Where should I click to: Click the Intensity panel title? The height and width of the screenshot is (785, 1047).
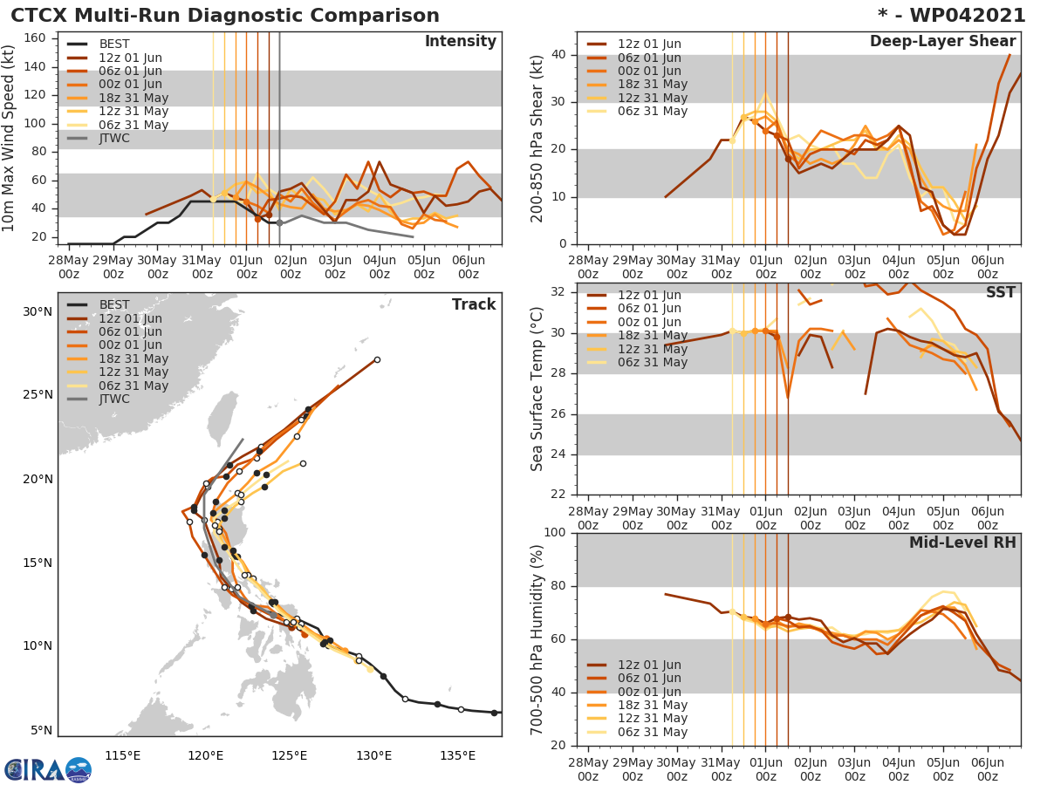(460, 42)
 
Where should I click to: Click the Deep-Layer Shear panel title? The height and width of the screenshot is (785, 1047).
(942, 42)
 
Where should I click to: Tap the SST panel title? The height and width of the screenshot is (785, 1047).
(1000, 293)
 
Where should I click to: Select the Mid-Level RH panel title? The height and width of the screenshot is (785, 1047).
(962, 543)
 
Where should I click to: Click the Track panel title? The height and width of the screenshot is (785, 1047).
(474, 304)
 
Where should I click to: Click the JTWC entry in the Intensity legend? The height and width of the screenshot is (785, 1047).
(114, 138)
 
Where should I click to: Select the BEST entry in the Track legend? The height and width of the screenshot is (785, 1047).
(114, 304)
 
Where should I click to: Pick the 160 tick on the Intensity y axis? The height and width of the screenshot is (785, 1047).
(35, 38)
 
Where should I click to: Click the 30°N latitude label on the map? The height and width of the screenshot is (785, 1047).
(38, 311)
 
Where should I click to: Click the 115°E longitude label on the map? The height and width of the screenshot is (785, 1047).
(122, 754)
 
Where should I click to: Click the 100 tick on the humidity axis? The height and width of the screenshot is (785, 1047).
(551, 533)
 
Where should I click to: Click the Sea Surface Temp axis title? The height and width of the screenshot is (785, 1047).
(537, 388)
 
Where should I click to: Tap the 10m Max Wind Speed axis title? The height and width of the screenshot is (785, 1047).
(10, 137)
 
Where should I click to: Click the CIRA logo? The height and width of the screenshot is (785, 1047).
(48, 769)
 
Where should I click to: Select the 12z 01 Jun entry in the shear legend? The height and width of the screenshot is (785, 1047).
(649, 44)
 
